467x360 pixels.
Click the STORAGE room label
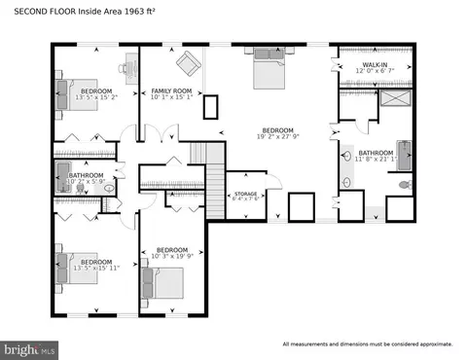tap(244, 194)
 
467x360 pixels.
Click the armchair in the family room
tap(188, 65)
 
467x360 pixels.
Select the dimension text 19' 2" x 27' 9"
tap(275, 137)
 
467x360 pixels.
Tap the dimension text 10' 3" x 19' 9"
tap(172, 255)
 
